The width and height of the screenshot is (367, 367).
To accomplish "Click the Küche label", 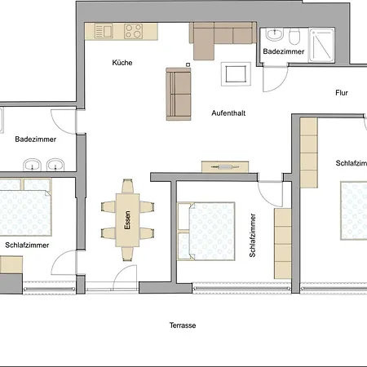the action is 122,63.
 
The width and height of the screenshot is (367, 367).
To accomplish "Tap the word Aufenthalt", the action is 228,113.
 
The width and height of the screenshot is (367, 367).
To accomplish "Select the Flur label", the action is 342,93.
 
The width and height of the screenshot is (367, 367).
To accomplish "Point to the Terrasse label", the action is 183,325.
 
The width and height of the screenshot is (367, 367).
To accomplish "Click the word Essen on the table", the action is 127,220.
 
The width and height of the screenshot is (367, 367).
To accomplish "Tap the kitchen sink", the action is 104,31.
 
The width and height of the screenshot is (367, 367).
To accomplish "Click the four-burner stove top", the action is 133,31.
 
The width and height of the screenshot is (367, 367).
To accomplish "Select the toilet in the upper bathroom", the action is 294,37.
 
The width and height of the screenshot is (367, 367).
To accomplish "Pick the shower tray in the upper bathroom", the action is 321,45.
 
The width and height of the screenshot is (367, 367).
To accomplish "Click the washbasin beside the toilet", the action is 275,35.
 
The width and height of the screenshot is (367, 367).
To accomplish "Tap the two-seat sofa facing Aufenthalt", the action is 179,94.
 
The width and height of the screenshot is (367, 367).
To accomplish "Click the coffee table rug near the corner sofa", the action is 236,74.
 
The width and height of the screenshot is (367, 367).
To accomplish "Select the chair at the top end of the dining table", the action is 127,186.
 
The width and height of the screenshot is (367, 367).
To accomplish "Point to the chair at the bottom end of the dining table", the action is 127,254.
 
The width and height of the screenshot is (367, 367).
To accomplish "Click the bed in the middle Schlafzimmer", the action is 206,231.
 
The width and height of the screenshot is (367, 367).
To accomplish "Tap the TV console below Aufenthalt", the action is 225,167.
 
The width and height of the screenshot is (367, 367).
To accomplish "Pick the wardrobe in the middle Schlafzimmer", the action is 283,244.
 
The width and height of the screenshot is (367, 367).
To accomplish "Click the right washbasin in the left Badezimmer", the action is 55,165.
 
